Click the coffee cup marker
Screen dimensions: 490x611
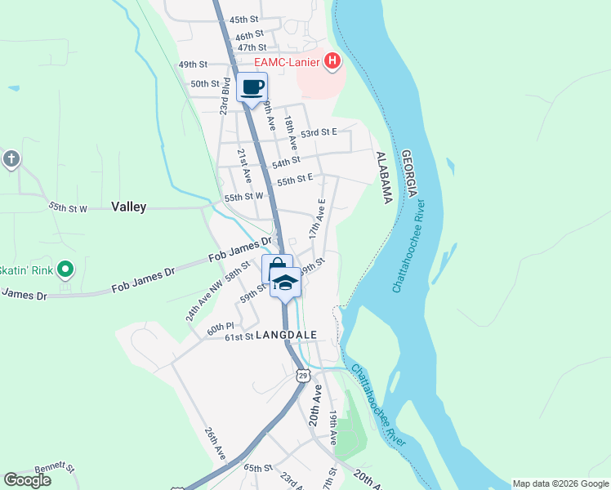(252, 87)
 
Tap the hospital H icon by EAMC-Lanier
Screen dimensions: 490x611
(332, 60)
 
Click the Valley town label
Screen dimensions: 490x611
(128, 207)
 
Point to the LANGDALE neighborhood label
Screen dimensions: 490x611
(286, 335)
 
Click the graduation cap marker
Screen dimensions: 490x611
(285, 283)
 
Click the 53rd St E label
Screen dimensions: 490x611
(319, 131)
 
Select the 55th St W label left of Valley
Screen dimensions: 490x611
(68, 208)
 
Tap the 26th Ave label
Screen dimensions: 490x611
(214, 443)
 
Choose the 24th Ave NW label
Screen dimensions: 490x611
(204, 300)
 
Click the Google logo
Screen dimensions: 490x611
(27, 480)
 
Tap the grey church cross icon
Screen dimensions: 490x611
(11, 158)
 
